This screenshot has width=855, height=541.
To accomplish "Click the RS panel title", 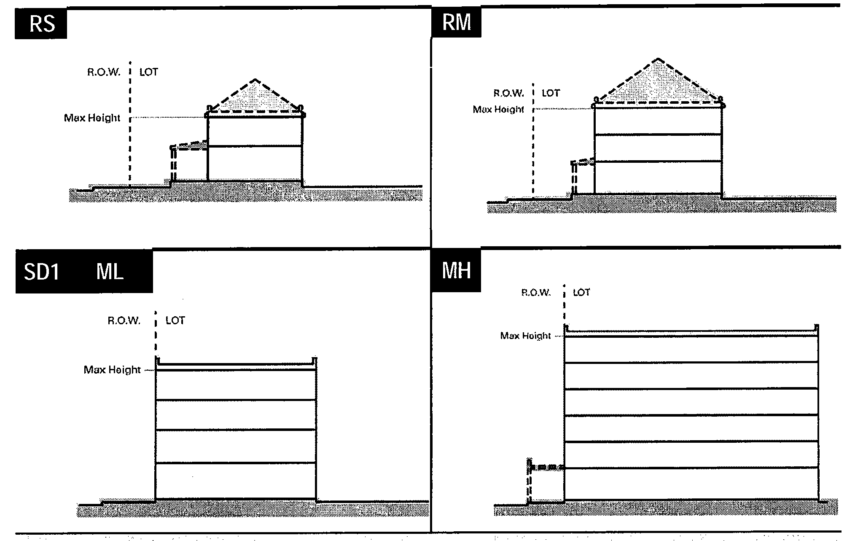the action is pos(42,24).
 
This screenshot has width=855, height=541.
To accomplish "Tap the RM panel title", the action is pos(457,22).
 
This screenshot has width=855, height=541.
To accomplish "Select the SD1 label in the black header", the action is pos(41,272).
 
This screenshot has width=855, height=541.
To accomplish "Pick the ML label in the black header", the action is pos(110,272).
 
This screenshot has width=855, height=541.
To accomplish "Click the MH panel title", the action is pos(456,270).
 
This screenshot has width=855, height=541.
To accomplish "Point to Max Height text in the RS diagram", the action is pos(92,118).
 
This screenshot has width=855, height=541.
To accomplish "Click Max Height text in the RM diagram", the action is pos(498,110).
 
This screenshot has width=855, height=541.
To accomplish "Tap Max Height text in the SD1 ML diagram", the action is pos(112,370).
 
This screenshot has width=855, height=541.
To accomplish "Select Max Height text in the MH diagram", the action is pos(525,336).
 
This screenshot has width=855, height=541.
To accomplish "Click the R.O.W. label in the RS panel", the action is pos(104,72).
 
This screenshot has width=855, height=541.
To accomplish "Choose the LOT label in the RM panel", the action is pos(550,93).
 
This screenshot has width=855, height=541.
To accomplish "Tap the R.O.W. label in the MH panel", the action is pos(536,293).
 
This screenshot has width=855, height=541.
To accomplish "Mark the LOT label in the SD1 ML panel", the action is pos(175,320).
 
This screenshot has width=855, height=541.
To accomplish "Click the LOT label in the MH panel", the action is pos(581,293).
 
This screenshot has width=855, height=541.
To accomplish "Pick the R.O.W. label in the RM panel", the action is pos(508,93).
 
